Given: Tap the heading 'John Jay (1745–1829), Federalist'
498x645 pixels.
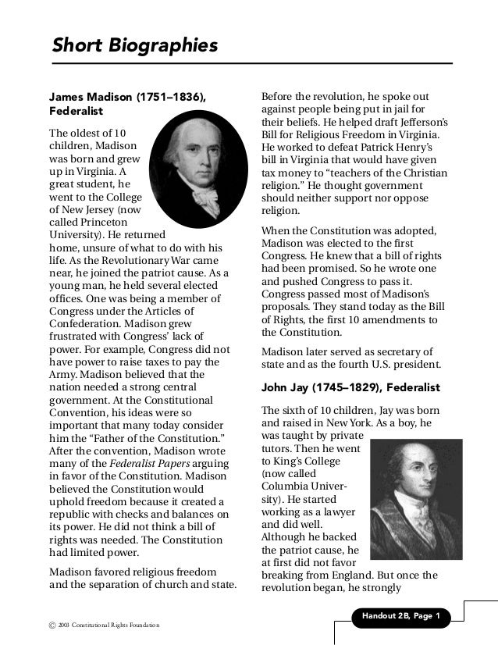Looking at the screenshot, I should click(x=350, y=387).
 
